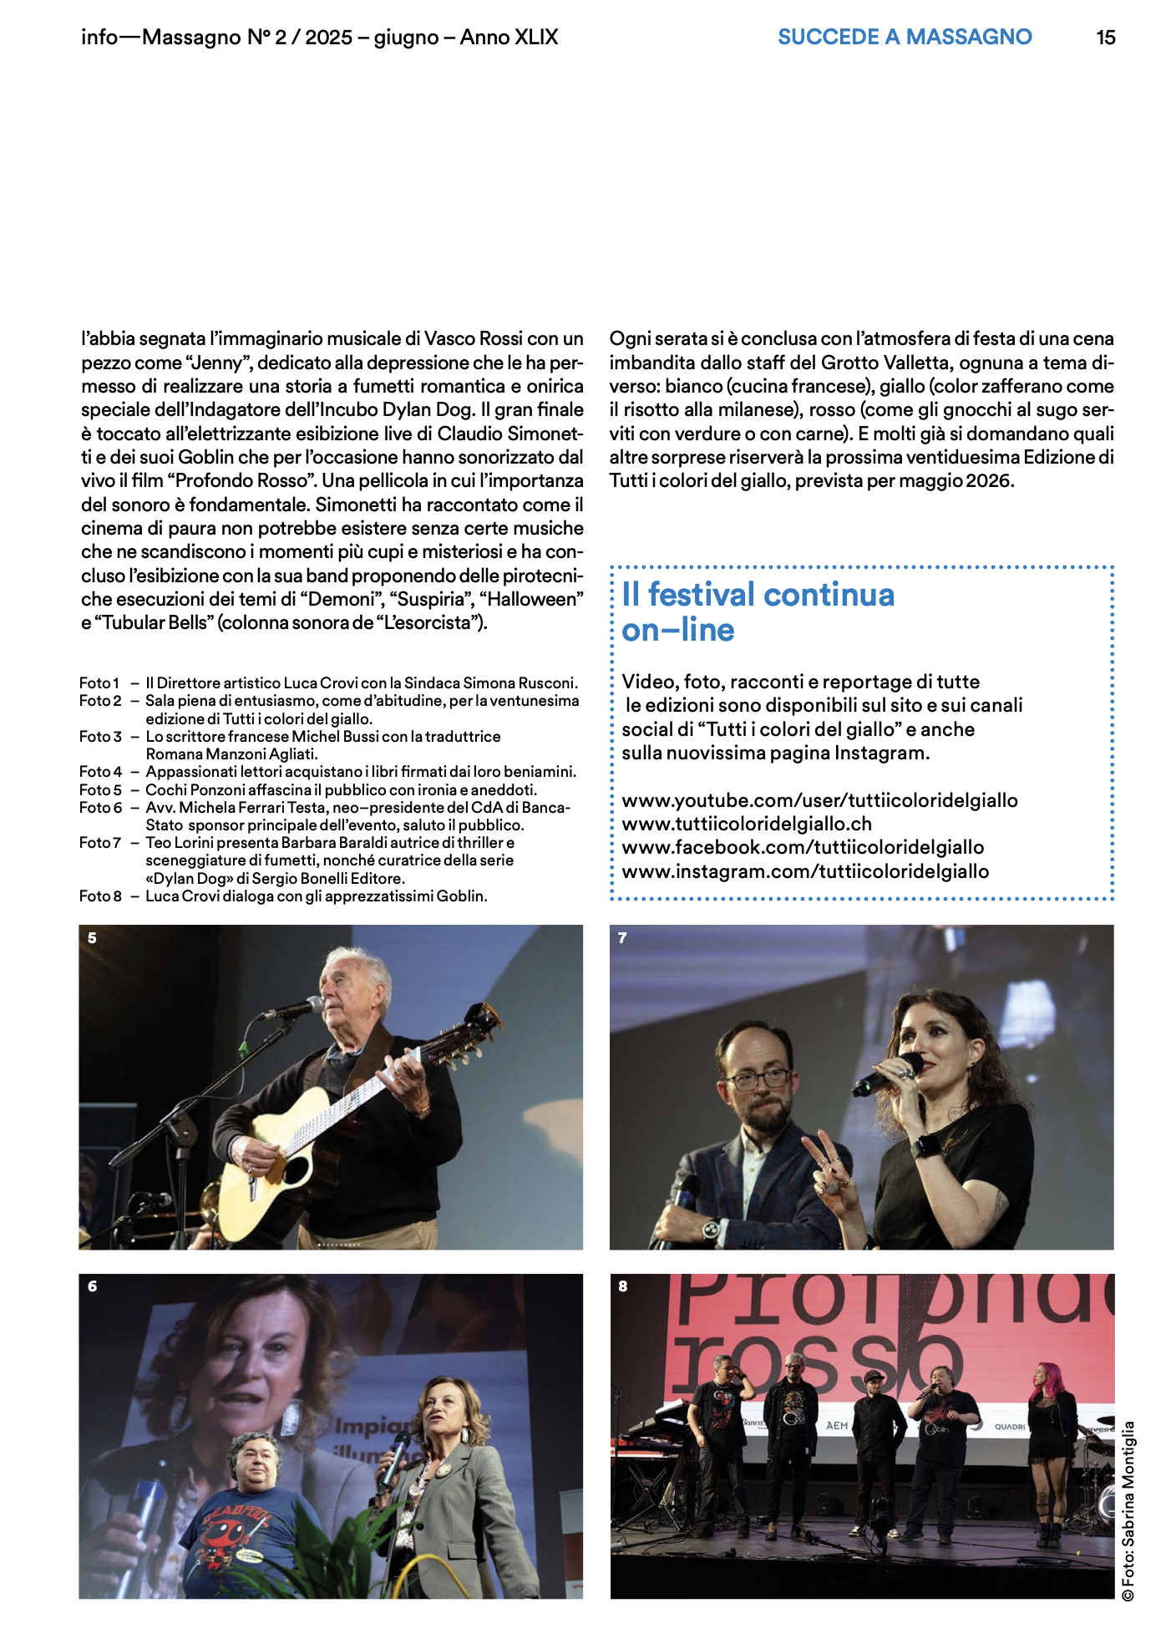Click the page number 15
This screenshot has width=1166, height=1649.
tap(1105, 38)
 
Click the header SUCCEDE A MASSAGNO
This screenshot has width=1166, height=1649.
tap(905, 38)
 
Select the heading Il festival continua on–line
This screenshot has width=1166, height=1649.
tap(758, 611)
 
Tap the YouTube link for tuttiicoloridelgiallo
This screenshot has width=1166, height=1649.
tap(819, 800)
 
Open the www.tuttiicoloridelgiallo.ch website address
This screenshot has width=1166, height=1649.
tap(747, 824)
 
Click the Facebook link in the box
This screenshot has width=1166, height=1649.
tap(803, 847)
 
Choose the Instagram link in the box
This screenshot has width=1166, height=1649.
tap(805, 871)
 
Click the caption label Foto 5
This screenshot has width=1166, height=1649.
tap(100, 789)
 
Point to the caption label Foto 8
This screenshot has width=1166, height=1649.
tap(100, 896)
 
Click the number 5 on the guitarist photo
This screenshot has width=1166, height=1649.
tap(92, 938)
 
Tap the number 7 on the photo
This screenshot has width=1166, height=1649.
tap(622, 938)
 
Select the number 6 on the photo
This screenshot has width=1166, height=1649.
tap(92, 1286)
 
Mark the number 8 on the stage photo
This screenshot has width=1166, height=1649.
tap(623, 1286)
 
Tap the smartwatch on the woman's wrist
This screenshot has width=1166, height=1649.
tap(925, 1145)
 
